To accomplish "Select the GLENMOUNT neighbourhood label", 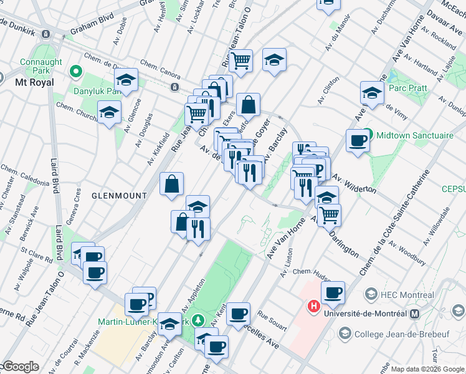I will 119,195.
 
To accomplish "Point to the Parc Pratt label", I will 408,88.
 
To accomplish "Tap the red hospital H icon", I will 313,307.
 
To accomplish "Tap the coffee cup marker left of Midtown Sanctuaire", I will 358,141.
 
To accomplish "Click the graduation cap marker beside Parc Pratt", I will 372,93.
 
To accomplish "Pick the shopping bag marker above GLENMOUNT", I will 171,185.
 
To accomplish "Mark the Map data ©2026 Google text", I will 427,369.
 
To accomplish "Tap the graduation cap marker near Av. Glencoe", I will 110,113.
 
